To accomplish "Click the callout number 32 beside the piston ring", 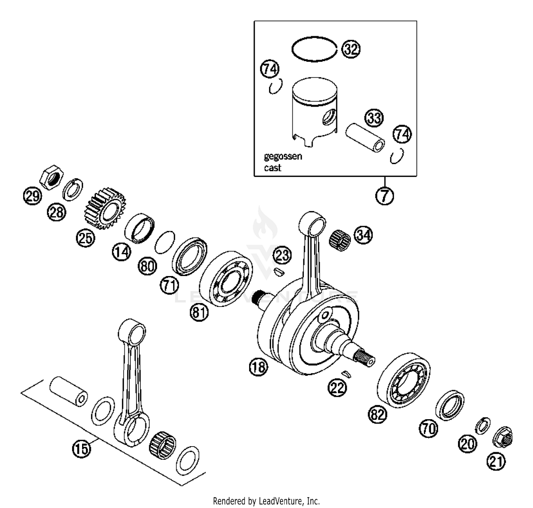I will coord(351,49).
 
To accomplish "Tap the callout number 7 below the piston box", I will coord(385,195).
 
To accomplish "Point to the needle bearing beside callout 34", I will coord(340,241).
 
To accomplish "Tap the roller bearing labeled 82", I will coord(404,380).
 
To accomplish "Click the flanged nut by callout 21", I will coord(503,437).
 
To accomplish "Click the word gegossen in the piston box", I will coord(283,156).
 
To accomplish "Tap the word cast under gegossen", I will coord(273,168).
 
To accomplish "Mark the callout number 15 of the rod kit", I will coord(81,449).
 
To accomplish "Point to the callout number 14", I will coord(122,252).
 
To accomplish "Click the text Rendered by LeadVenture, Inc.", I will coord(266,501).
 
